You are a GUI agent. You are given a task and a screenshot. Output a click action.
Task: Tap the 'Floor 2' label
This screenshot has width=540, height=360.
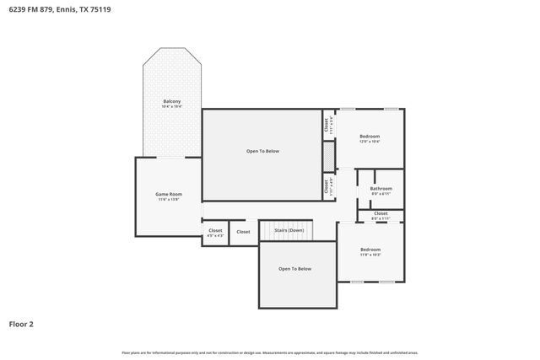click(x=21, y=323)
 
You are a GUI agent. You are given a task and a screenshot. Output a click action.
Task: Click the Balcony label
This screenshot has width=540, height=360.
click(x=172, y=101)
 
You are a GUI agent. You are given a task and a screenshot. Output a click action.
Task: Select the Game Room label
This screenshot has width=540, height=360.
click(x=169, y=194)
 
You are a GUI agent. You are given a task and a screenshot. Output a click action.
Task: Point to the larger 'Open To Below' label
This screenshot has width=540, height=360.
click(x=262, y=151)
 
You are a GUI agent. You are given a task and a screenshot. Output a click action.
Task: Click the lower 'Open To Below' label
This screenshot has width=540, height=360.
click(x=295, y=268)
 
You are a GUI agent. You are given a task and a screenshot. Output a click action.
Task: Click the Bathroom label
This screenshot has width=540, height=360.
click(x=381, y=188)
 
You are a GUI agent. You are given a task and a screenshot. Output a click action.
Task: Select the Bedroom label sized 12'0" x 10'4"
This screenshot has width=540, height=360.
click(x=370, y=136)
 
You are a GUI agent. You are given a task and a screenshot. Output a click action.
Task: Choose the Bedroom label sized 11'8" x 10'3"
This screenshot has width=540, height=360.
click(x=370, y=249)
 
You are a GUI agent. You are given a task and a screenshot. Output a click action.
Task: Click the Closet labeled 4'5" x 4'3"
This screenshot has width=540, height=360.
click(x=215, y=230)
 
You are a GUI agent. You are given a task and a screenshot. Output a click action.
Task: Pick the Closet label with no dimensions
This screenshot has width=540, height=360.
click(x=243, y=231)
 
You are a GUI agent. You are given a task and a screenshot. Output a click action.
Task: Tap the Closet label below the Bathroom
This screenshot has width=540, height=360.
click(x=381, y=213)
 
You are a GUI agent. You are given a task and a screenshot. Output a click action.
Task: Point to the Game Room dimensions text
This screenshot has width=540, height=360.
click(x=169, y=200)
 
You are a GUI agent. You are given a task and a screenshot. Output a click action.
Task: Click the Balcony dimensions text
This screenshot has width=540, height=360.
click(x=172, y=107)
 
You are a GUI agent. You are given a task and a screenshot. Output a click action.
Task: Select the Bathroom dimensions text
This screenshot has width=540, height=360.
click(x=381, y=194)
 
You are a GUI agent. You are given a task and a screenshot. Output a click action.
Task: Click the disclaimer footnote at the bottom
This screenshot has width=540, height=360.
click(x=269, y=352)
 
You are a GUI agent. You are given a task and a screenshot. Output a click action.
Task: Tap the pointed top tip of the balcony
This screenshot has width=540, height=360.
click(x=172, y=48)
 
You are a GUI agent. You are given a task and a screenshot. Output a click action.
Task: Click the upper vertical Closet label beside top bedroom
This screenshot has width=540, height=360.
click(x=327, y=124)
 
